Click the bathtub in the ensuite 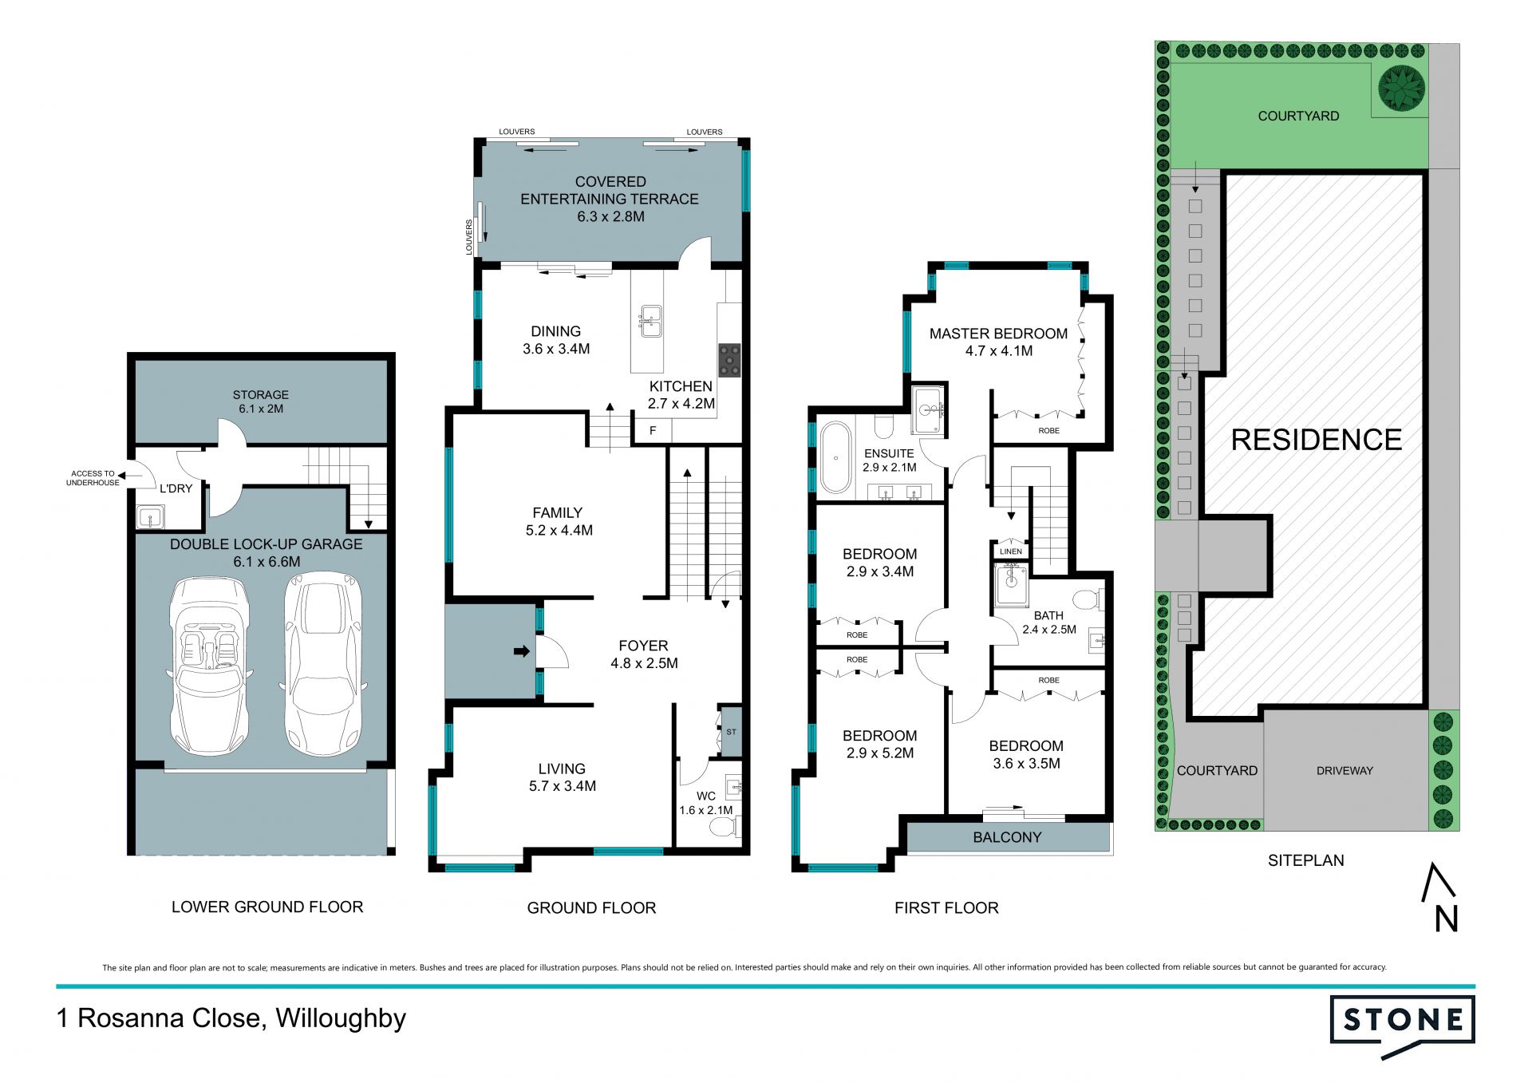pos(835,457)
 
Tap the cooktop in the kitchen pos(729,360)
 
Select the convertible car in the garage pos(210,665)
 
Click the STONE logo pos(1402,1026)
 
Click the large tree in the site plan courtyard pos(1401,88)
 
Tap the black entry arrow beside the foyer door pos(522,652)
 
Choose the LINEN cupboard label pos(1010,551)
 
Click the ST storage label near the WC pos(732,732)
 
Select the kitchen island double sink pos(651,321)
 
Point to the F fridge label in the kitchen pos(653,431)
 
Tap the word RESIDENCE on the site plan pos(1317,440)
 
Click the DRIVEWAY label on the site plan pos(1345,771)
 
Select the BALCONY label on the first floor pos(1007,837)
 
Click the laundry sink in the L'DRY pos(150,517)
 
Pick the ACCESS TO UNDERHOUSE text pos(93,478)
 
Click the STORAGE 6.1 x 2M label pos(261,401)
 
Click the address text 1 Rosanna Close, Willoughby pos(231,1018)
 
